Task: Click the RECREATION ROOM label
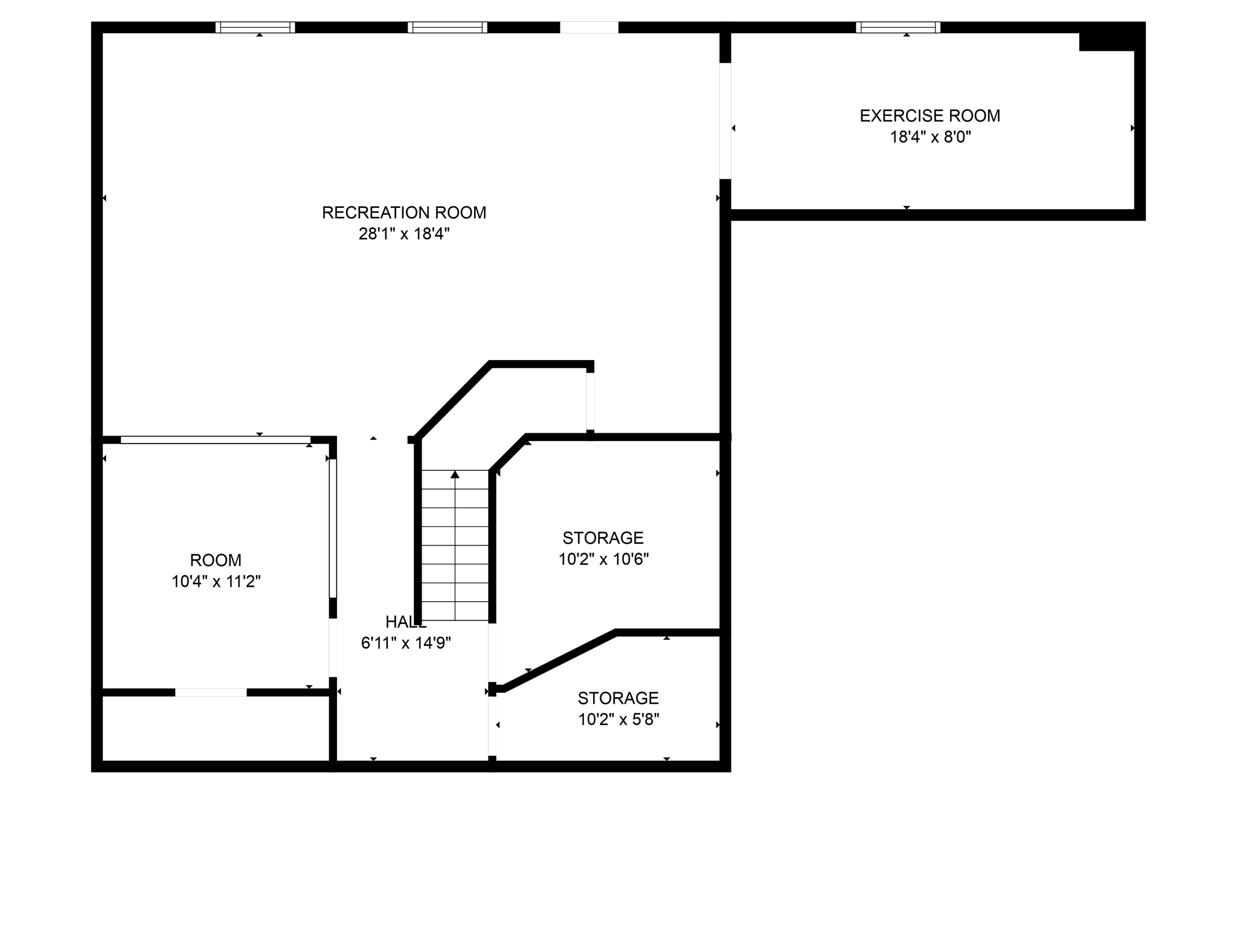tap(403, 213)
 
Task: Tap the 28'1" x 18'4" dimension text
tap(403, 234)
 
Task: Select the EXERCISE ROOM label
tap(930, 116)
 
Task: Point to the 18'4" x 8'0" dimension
tap(930, 137)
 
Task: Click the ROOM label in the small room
tap(216, 560)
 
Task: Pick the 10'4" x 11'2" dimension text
tap(216, 581)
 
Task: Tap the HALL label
tap(405, 622)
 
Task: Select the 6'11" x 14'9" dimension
tap(405, 643)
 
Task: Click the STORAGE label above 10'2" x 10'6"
tap(603, 538)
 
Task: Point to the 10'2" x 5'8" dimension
tap(618, 719)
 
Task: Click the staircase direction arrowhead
tap(455, 475)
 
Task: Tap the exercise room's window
tap(898, 27)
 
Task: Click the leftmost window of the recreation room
tap(255, 27)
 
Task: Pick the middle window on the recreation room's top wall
tap(447, 27)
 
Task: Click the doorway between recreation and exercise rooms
tap(725, 121)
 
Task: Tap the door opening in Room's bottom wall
tap(211, 692)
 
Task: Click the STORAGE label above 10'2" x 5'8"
tap(618, 698)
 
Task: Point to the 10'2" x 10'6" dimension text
tap(603, 559)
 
